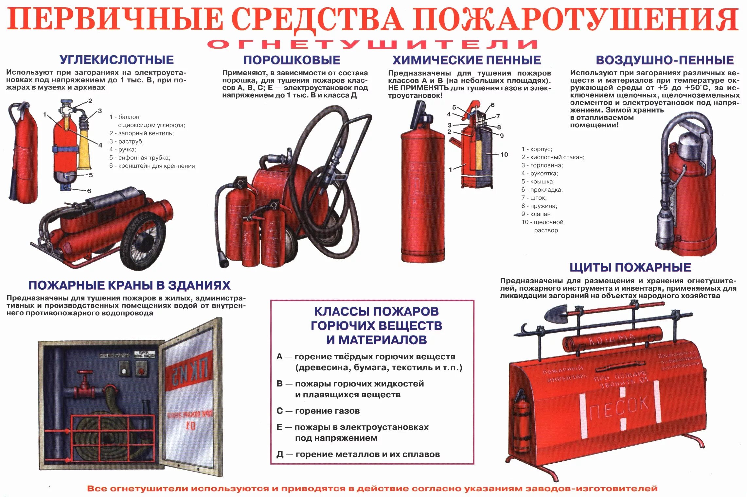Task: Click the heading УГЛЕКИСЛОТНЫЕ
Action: [x=116, y=60]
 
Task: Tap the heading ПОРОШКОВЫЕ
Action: [x=292, y=60]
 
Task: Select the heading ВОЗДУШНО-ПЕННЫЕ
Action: [x=665, y=60]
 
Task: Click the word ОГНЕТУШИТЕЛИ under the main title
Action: [x=372, y=44]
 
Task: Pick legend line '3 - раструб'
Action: [x=126, y=141]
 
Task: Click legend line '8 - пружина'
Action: [x=539, y=206]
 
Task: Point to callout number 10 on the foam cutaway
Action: [x=504, y=154]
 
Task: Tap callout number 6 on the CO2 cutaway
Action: [x=89, y=191]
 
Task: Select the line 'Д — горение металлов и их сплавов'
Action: [x=358, y=454]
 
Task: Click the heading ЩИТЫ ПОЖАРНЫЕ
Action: [x=630, y=267]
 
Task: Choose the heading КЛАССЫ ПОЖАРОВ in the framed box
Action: [x=376, y=311]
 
